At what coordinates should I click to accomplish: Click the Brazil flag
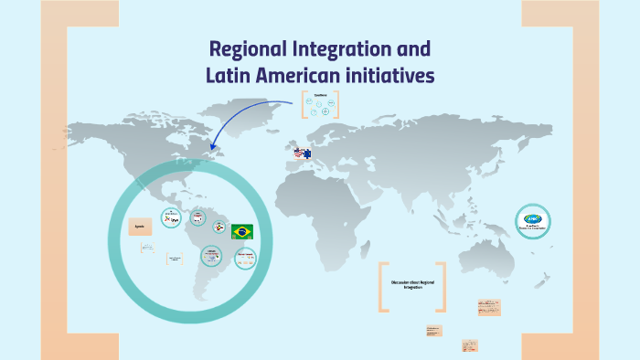tap(242, 231)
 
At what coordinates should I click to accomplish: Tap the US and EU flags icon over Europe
tap(302, 154)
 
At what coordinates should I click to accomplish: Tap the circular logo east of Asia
tap(532, 220)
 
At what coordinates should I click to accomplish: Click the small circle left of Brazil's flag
tap(219, 228)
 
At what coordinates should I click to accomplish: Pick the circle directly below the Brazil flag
tap(244, 259)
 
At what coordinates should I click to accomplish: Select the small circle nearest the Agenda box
tap(170, 217)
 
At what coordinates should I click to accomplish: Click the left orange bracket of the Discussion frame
tap(383, 287)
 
